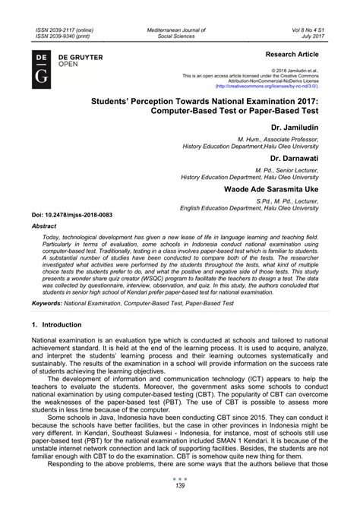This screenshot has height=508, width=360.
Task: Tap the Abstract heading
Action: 43,226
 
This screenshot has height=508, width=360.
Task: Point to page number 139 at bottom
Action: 179,496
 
